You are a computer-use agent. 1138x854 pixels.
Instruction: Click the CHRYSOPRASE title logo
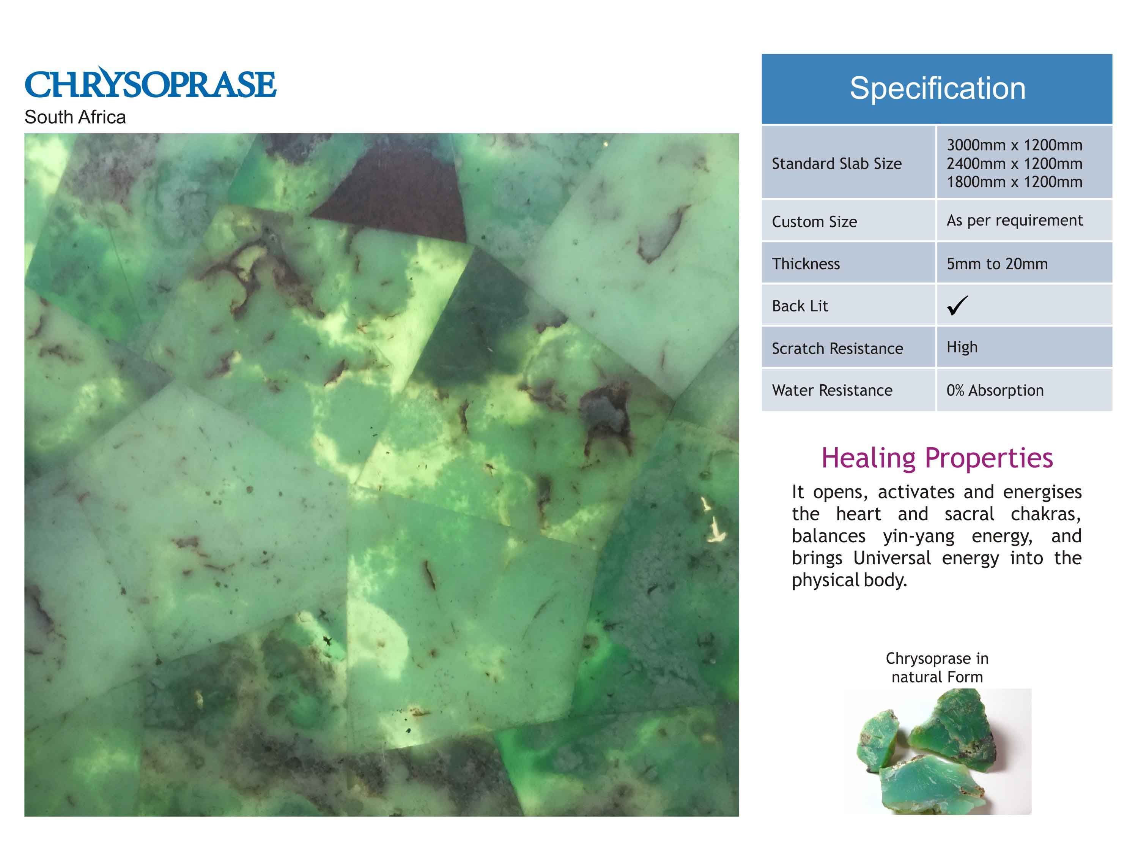coord(150,83)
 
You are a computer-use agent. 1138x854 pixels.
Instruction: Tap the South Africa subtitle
coord(75,117)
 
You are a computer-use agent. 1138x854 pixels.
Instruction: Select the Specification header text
coord(937,88)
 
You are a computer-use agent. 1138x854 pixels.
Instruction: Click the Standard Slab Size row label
coord(837,164)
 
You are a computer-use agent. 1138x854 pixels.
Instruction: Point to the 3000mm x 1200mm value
coord(1015,145)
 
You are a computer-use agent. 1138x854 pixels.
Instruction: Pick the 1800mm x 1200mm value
coord(1015,182)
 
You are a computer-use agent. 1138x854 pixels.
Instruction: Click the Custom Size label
coord(814,222)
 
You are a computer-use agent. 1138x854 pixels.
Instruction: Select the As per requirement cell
coord(1015,220)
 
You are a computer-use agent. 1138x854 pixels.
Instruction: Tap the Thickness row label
coord(806,264)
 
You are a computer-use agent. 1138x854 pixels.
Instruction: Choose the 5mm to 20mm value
coord(997,264)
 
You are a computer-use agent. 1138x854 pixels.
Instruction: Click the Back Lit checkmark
coord(957,305)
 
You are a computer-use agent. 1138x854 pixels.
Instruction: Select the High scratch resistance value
coord(962,347)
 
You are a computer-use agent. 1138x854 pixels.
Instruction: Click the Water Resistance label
coord(832,391)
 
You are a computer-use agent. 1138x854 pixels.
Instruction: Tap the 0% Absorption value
coord(995,391)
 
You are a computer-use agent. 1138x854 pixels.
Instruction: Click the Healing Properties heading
coord(937,458)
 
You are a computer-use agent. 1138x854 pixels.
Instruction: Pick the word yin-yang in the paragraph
coord(919,537)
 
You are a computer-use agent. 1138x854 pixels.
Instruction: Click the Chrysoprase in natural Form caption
coord(937,668)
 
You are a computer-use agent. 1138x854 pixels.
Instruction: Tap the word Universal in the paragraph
coord(892,558)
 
